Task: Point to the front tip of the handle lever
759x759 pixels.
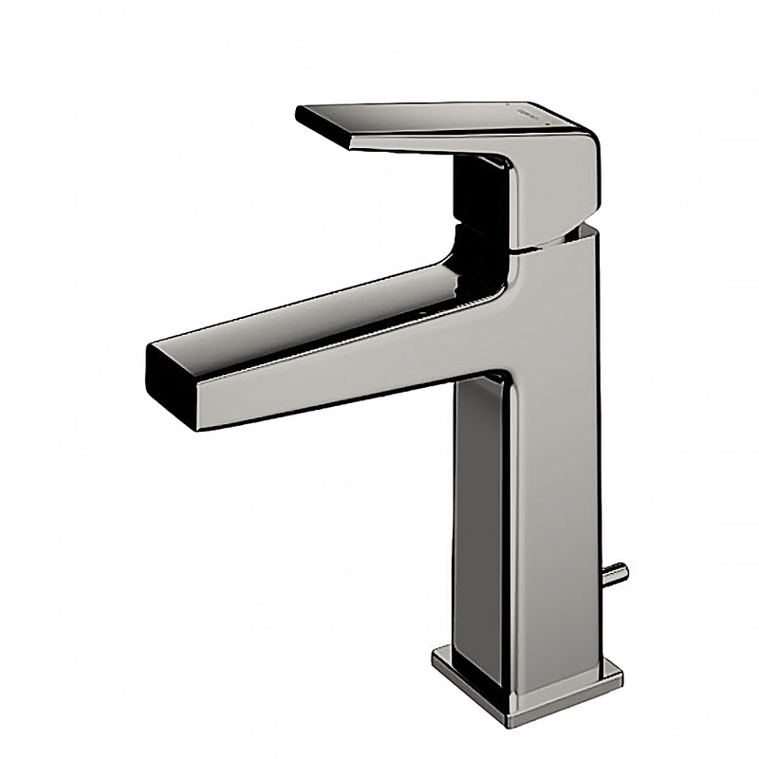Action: (302, 116)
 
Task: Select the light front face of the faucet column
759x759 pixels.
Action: (560, 474)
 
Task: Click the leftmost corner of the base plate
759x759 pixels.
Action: (434, 655)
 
